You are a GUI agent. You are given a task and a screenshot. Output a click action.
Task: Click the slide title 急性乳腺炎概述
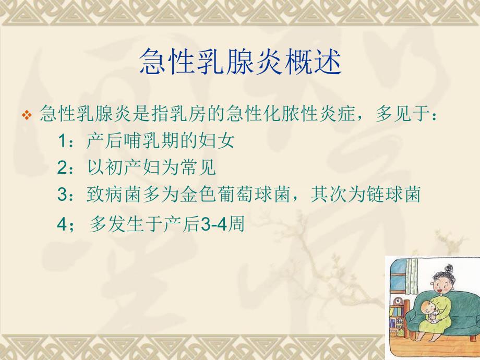point(241,63)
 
